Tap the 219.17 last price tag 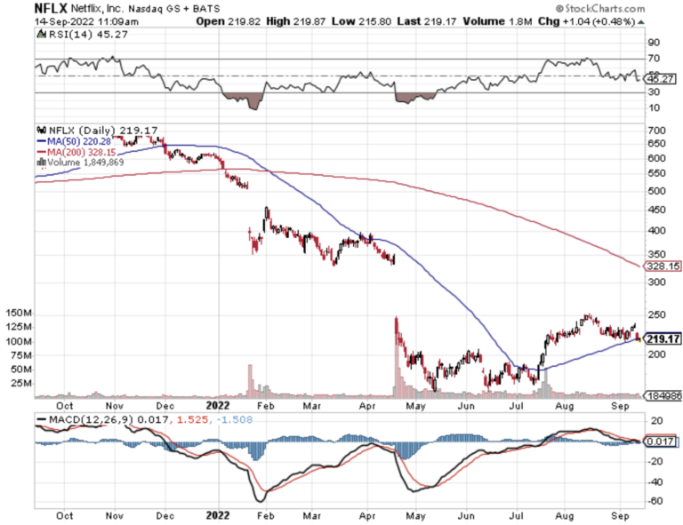(664, 338)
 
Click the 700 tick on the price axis (657, 131)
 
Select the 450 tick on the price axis (657, 210)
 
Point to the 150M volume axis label (19, 314)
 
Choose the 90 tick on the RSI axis (654, 42)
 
